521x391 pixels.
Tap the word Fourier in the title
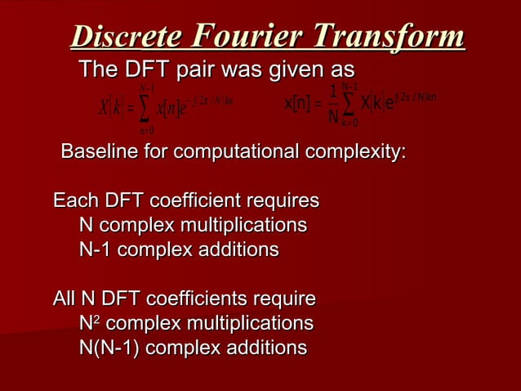(243, 38)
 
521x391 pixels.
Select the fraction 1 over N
(333, 106)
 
